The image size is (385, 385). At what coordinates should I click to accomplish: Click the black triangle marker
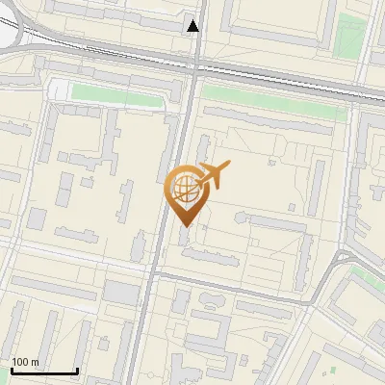194,26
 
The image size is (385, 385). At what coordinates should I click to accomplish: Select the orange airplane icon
212,174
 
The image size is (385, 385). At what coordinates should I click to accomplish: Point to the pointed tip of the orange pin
183,225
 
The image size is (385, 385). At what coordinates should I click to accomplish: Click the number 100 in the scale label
20,362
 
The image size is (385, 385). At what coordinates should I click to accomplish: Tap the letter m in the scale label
35,362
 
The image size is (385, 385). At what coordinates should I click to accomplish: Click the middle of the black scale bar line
44,371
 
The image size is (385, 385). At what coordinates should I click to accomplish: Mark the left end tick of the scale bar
12,369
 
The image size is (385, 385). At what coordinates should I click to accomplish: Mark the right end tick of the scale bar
77,369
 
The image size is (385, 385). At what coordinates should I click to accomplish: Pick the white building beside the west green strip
60,90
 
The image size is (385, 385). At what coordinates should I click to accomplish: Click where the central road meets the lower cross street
153,271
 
